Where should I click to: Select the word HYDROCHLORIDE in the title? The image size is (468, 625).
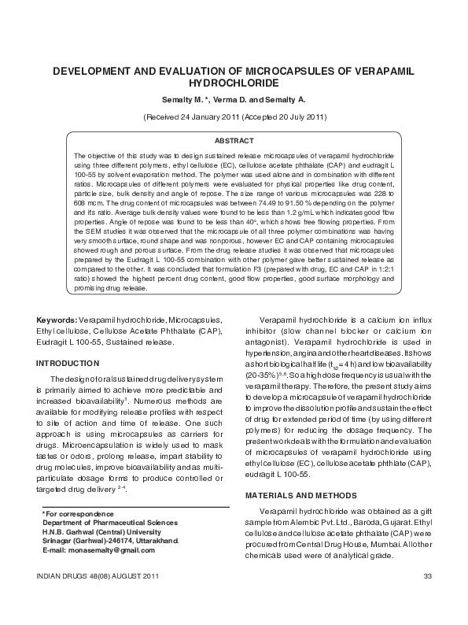234,82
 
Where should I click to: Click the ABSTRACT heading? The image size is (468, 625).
234,139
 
